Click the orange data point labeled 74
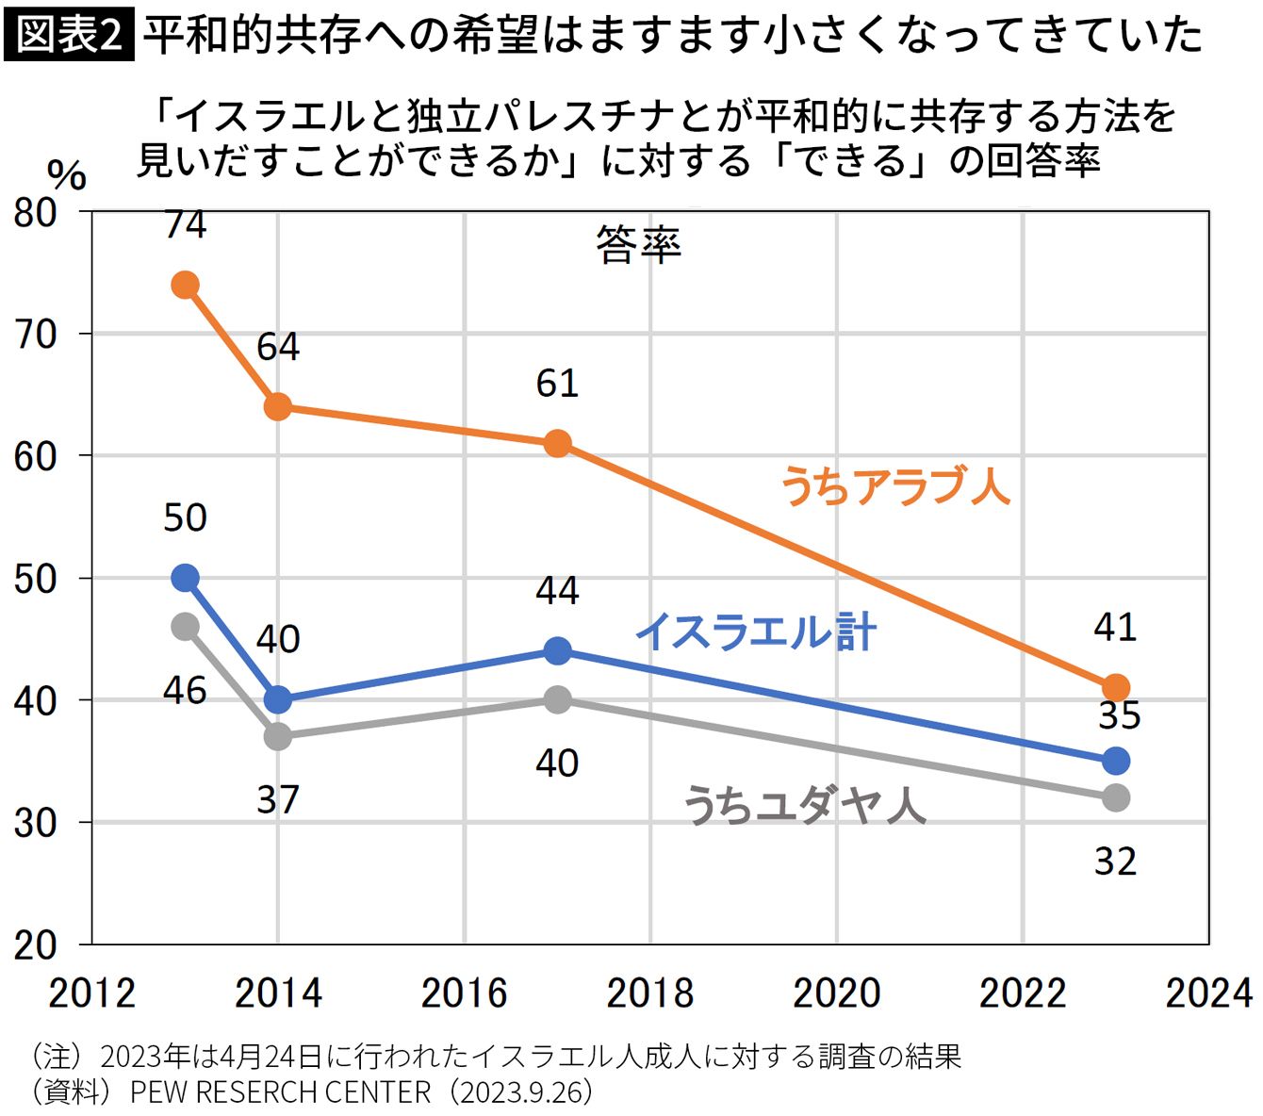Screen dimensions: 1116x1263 (185, 285)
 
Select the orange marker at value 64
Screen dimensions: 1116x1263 (278, 407)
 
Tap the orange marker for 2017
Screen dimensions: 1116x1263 (557, 443)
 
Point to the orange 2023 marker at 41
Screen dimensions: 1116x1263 (1115, 687)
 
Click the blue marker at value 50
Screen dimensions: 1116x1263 (185, 578)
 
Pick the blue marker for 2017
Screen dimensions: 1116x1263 (557, 650)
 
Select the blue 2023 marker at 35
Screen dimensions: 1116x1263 (1115, 761)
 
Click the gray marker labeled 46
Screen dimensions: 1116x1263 (185, 627)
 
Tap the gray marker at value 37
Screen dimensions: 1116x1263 (278, 736)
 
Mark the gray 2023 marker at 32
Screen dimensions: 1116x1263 (1115, 797)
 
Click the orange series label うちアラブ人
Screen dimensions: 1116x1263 (895, 487)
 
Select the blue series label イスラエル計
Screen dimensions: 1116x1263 (757, 632)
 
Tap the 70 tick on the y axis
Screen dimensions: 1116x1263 (36, 335)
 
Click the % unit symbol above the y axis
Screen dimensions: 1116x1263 (66, 175)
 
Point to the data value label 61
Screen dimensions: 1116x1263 (557, 384)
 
